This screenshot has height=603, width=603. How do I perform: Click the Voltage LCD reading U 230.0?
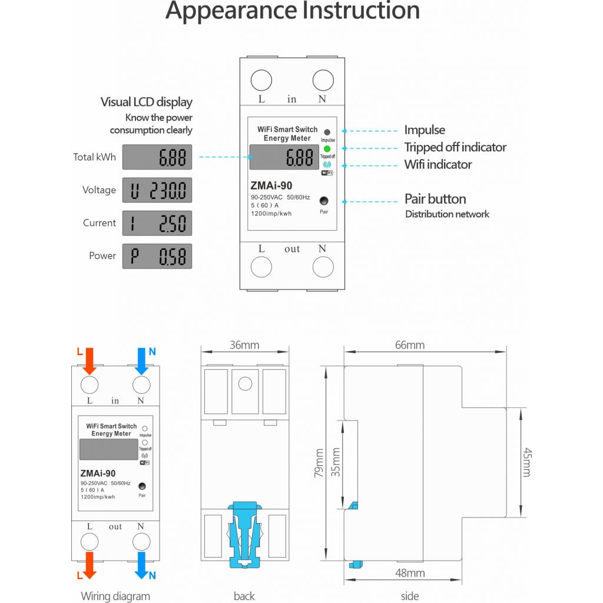pos(157,190)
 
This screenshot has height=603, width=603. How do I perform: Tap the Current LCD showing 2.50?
pos(157,223)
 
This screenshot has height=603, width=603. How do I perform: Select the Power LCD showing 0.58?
pos(157,256)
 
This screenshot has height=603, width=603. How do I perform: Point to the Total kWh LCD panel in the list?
pos(157,157)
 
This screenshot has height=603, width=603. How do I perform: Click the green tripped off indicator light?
pos(327,149)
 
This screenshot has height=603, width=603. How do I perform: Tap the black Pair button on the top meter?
pos(324,200)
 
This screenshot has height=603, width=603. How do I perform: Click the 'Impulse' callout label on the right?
pos(425,130)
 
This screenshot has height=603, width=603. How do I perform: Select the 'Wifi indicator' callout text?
pos(438,165)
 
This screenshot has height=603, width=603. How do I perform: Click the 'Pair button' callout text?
pos(435,199)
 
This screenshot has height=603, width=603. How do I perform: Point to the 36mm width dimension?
pos(244,345)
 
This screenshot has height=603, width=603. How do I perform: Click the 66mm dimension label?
pos(410,345)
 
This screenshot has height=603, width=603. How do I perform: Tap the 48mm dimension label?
pos(410,573)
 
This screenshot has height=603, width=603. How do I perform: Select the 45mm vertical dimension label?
pos(527,462)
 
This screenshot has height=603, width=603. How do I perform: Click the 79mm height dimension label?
pos(319,463)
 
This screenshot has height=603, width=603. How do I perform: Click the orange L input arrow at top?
pos(90,361)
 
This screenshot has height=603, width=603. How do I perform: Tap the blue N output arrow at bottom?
pos(141,565)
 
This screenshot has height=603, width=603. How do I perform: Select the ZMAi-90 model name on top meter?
pos(271,185)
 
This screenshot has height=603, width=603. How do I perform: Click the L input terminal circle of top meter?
pos(261,80)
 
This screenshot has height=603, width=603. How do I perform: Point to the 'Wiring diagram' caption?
pos(115,596)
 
